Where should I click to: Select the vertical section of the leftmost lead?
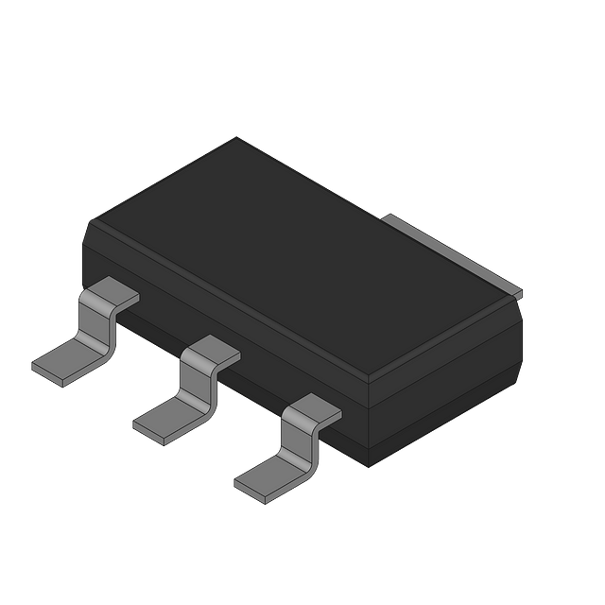point(97,330)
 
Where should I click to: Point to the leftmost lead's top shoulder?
point(108,293)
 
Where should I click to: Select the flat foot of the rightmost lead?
point(270,477)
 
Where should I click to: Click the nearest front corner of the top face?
point(370,377)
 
